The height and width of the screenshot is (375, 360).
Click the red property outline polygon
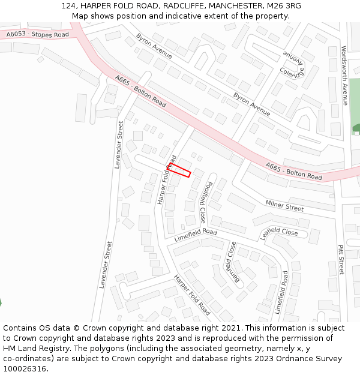coord(179,170)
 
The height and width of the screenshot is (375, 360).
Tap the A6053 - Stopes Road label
coord(38,35)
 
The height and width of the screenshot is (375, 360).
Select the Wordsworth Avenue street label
coord(344,76)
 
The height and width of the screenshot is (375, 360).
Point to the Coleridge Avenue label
coord(292,65)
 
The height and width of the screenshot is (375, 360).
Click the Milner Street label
coord(284,206)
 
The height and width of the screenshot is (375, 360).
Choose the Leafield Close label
coord(279,232)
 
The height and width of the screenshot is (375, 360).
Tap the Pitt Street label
coord(341,260)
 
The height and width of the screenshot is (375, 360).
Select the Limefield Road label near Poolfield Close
coord(195,235)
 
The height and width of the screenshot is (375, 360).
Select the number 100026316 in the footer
coord(24,368)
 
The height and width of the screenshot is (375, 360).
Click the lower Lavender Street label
coord(106,265)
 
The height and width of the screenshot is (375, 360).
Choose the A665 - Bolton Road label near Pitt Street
coord(293,171)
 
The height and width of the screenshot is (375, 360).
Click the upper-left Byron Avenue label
coord(154,46)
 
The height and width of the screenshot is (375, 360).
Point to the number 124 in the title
coord(68,6)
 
